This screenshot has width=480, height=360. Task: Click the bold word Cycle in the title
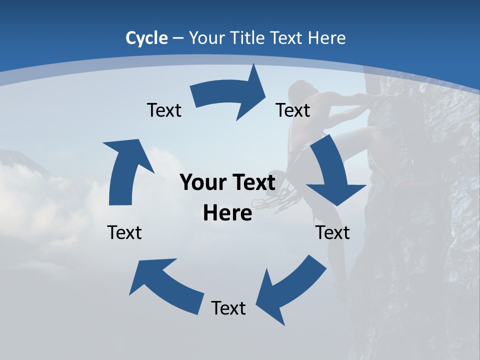pos(146,38)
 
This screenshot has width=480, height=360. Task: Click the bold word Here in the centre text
pos(227,213)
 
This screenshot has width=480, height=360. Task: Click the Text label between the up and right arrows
pos(164,110)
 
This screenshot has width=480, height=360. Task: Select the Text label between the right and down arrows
pos(293,110)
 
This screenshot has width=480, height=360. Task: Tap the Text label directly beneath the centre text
pos(228,308)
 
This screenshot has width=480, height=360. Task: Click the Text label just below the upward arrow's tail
pos(124,232)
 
